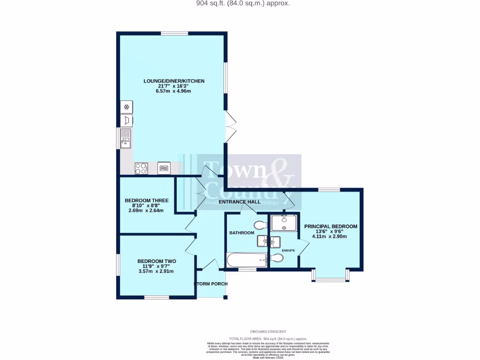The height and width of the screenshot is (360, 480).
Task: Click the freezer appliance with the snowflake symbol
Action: click(127, 107)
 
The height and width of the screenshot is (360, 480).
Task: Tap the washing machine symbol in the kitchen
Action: click(127, 120)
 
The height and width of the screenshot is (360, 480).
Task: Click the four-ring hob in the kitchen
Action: click(141, 168)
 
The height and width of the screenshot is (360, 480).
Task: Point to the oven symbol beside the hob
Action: click(164, 168)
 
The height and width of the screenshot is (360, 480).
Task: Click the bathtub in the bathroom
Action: click(247, 260)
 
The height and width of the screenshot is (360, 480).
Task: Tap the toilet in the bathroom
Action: click(260, 225)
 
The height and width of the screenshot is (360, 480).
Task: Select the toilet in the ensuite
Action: click(277, 258)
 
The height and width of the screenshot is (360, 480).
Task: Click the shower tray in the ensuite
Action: click(284, 223)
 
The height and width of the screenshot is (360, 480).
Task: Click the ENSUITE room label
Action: click(288, 251)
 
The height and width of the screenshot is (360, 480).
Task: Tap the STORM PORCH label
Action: click(211, 284)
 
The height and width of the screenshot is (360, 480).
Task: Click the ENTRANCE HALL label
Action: click(241, 202)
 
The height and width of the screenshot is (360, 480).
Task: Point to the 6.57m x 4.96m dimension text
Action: click(173, 91)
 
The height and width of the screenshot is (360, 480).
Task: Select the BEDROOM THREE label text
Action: click(147, 201)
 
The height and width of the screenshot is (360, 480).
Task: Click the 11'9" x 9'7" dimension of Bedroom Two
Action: click(156, 266)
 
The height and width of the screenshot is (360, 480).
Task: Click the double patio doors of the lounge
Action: click(231, 127)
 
